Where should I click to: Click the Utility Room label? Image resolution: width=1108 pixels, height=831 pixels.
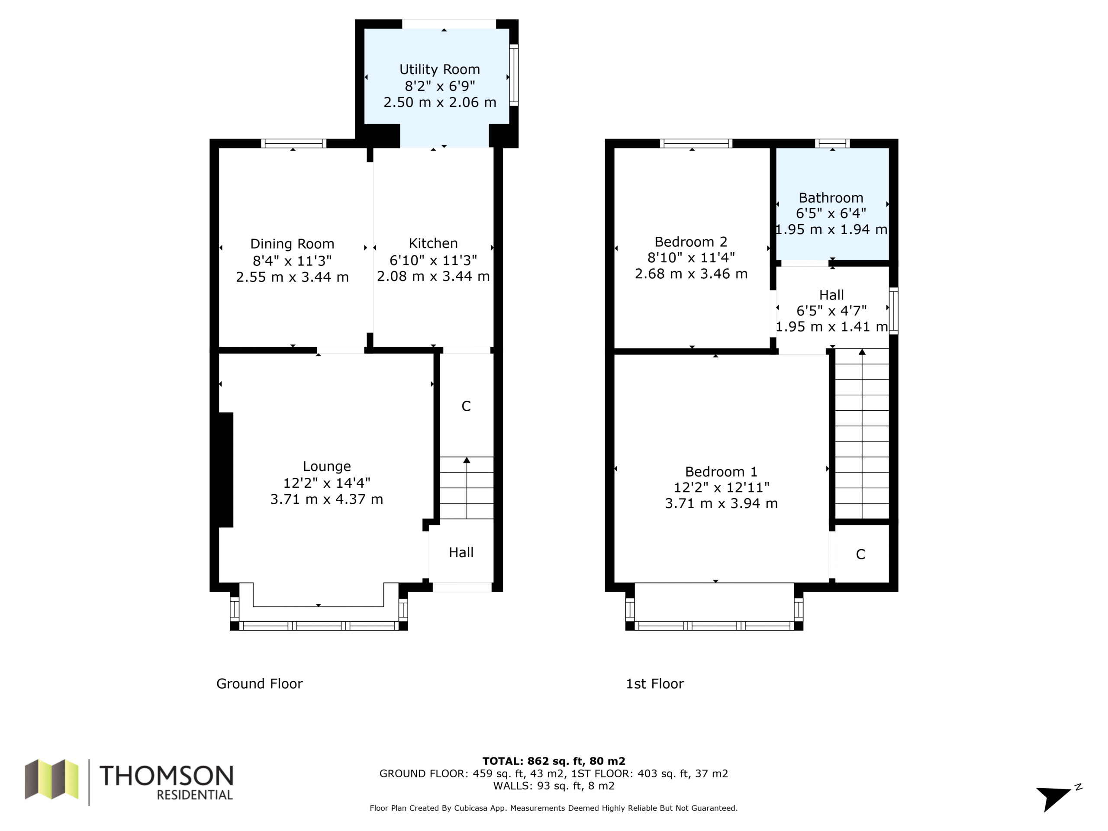pyautogui.click(x=439, y=69)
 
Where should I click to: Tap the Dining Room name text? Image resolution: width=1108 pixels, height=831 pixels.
pyautogui.click(x=292, y=244)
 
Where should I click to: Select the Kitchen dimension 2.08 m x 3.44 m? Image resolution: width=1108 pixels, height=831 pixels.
pyautogui.click(x=433, y=277)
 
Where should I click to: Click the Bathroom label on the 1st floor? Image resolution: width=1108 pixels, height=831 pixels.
pyautogui.click(x=831, y=198)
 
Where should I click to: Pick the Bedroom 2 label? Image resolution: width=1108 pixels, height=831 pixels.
pyautogui.click(x=691, y=242)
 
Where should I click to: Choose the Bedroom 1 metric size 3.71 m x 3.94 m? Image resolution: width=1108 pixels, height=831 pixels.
pyautogui.click(x=721, y=503)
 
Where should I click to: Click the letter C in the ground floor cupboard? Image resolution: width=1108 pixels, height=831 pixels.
pyautogui.click(x=466, y=406)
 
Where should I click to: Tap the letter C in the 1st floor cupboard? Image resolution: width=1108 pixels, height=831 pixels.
pyautogui.click(x=860, y=554)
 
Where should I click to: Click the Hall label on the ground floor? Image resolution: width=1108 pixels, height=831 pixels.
pyautogui.click(x=461, y=553)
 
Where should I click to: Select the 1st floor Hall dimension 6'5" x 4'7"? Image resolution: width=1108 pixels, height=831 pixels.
pyautogui.click(x=831, y=311)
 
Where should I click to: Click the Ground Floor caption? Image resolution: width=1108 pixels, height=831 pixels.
pyautogui.click(x=259, y=684)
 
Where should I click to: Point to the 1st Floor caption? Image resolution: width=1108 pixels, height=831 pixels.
pyautogui.click(x=655, y=684)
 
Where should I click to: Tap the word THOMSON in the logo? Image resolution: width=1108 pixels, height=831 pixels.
pyautogui.click(x=166, y=776)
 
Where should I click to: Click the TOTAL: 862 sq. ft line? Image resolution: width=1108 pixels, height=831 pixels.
pyautogui.click(x=554, y=761)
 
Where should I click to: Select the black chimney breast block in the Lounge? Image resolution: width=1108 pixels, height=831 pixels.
pyautogui.click(x=226, y=470)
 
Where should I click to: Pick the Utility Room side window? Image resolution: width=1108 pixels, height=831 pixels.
pyautogui.click(x=514, y=75)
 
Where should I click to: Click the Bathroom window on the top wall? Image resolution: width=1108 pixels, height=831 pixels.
pyautogui.click(x=832, y=143)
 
